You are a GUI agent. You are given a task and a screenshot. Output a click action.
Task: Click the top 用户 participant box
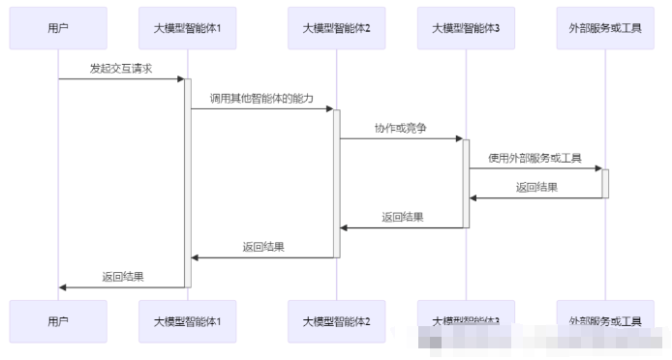[x=58, y=28]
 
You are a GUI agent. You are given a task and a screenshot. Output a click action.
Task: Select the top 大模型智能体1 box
[x=188, y=28]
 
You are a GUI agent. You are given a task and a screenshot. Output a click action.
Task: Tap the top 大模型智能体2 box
[x=337, y=28]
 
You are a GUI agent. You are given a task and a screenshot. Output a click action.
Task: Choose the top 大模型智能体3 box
[x=466, y=28]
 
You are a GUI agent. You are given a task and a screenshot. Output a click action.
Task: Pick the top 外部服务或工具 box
[x=604, y=28]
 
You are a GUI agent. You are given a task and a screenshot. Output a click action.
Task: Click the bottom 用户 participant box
[x=58, y=320]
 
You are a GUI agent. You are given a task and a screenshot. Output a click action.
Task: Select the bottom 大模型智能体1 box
[x=188, y=320]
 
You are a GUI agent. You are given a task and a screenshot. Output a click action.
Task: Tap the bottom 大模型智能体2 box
[x=337, y=320]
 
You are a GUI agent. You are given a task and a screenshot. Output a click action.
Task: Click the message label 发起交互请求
[x=121, y=69]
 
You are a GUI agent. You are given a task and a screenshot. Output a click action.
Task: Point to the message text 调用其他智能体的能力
[x=261, y=99]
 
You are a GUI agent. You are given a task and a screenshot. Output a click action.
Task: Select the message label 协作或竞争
[x=401, y=128]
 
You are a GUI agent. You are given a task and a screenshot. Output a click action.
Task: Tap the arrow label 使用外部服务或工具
[x=535, y=158]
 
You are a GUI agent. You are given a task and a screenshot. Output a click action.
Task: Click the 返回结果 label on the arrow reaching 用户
[x=123, y=277]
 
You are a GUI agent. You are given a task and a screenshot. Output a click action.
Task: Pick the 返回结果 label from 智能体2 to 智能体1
[x=263, y=247]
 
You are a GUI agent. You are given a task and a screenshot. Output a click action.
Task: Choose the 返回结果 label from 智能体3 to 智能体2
[x=402, y=218]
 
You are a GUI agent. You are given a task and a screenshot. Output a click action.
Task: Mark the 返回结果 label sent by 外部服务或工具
[x=536, y=188]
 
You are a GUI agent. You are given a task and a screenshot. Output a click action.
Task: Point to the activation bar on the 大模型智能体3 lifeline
[x=466, y=182]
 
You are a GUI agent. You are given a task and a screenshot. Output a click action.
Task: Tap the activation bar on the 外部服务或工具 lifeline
[x=605, y=182]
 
